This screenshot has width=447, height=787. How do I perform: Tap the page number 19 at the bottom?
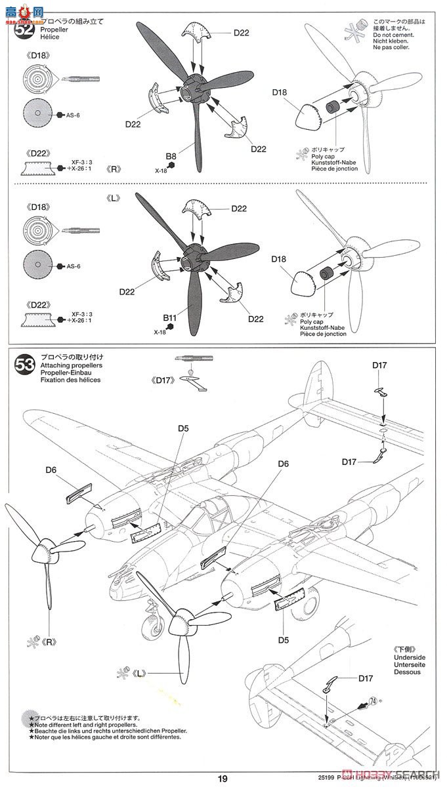coord(223,778)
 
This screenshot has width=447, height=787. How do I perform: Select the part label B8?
coord(171,156)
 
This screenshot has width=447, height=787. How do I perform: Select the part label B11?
coord(171,318)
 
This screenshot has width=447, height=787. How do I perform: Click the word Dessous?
coord(408,673)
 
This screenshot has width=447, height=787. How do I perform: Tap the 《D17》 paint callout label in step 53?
coord(161,379)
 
